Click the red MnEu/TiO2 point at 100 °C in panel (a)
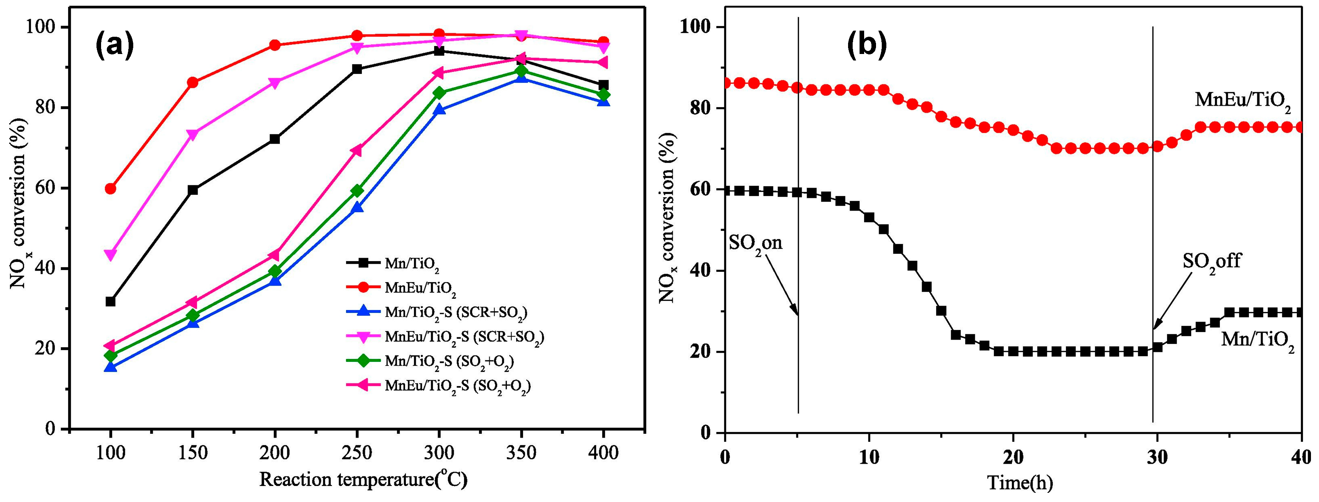110,188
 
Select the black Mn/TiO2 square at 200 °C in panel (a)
275,139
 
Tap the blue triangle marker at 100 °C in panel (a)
110,367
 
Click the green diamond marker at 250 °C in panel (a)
357,191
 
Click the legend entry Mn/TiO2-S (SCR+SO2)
456,312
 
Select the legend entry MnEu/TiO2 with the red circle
420,288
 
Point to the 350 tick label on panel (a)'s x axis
521,453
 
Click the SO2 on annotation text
756,242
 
